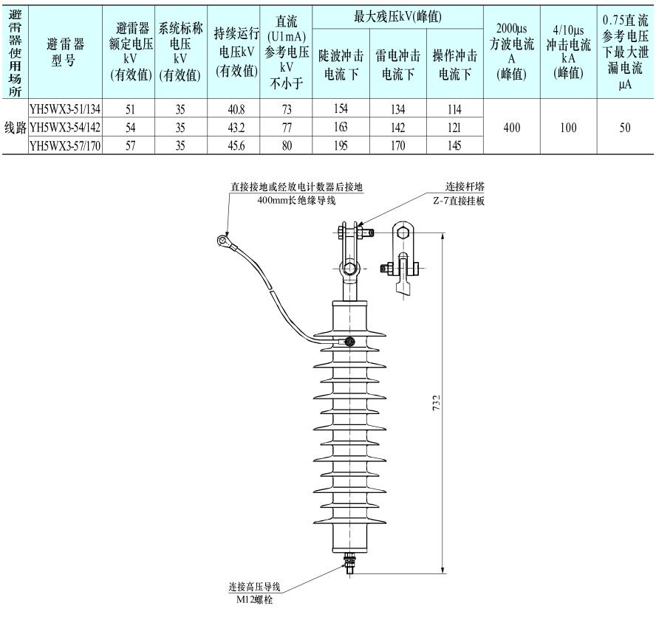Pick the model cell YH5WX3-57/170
[x=65, y=146]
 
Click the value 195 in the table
[x=341, y=146]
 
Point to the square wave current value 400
[x=511, y=128]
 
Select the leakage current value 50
[x=625, y=128]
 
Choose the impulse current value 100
[x=568, y=128]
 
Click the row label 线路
[x=15, y=128]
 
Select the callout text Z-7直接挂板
[x=464, y=201]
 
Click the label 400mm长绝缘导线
[x=295, y=200]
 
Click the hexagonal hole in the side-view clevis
[x=402, y=232]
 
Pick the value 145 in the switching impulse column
[x=454, y=146]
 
